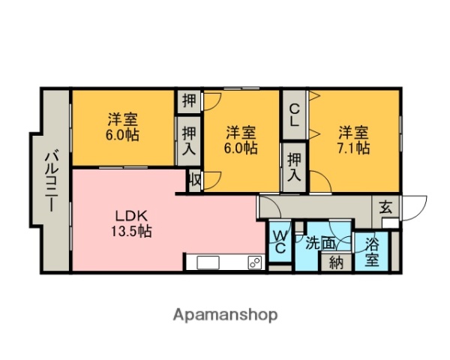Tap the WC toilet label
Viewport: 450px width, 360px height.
pos(279,241)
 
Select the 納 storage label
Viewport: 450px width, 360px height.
pos(336,262)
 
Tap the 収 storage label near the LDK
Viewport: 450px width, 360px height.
pos(195,180)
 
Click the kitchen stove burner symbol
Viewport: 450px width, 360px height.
pos(254,262)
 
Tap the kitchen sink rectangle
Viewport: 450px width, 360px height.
pos(208,262)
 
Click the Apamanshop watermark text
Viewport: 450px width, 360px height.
pos(225,315)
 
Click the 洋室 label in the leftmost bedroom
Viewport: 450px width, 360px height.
pos(121,119)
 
